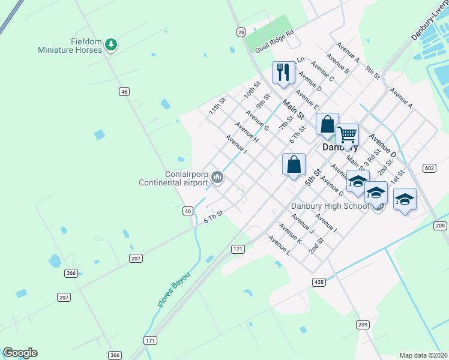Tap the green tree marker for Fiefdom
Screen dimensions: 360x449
pyautogui.click(x=110, y=44)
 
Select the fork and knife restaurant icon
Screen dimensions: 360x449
pyautogui.click(x=283, y=73)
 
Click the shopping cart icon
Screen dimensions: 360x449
pyautogui.click(x=347, y=134)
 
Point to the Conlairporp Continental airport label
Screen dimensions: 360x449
pyautogui.click(x=173, y=178)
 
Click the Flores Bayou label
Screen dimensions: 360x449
pyautogui.click(x=174, y=290)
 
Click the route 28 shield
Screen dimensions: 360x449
pyautogui.click(x=241, y=31)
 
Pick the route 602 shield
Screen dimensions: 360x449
pyautogui.click(x=429, y=168)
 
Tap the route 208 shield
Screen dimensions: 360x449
pyautogui.click(x=441, y=225)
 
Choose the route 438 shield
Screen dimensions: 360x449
pyautogui.click(x=319, y=281)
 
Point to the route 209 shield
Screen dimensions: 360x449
pyautogui.click(x=362, y=325)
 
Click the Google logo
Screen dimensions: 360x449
pyautogui.click(x=20, y=353)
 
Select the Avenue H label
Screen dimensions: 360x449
pyautogui.click(x=246, y=132)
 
